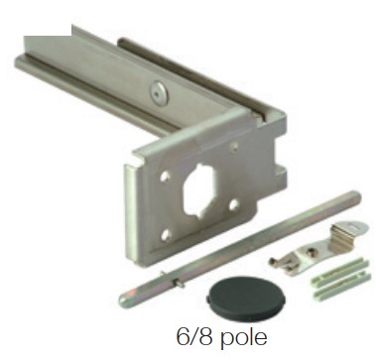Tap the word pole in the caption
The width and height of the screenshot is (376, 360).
[243, 338]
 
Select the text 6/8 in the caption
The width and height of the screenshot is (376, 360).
[194, 336]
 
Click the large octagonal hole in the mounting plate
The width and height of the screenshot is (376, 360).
[199, 190]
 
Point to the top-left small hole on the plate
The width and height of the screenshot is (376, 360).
[165, 177]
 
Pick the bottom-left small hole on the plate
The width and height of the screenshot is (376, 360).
[166, 235]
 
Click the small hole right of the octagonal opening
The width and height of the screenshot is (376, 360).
[234, 204]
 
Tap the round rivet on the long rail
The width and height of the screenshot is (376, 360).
[159, 93]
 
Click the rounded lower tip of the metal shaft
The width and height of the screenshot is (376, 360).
[124, 300]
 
